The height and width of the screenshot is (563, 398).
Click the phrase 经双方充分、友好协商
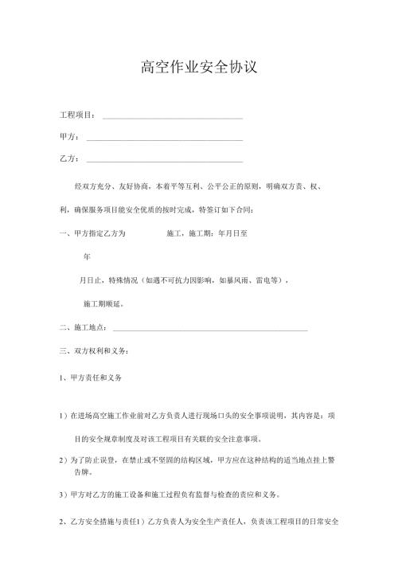pyautogui.click(x=111, y=186)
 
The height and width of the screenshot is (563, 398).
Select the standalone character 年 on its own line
pyautogui.click(x=87, y=257)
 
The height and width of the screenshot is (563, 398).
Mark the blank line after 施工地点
pyautogui.click(x=210, y=330)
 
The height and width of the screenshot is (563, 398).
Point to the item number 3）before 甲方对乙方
pyautogui.click(x=64, y=495)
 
